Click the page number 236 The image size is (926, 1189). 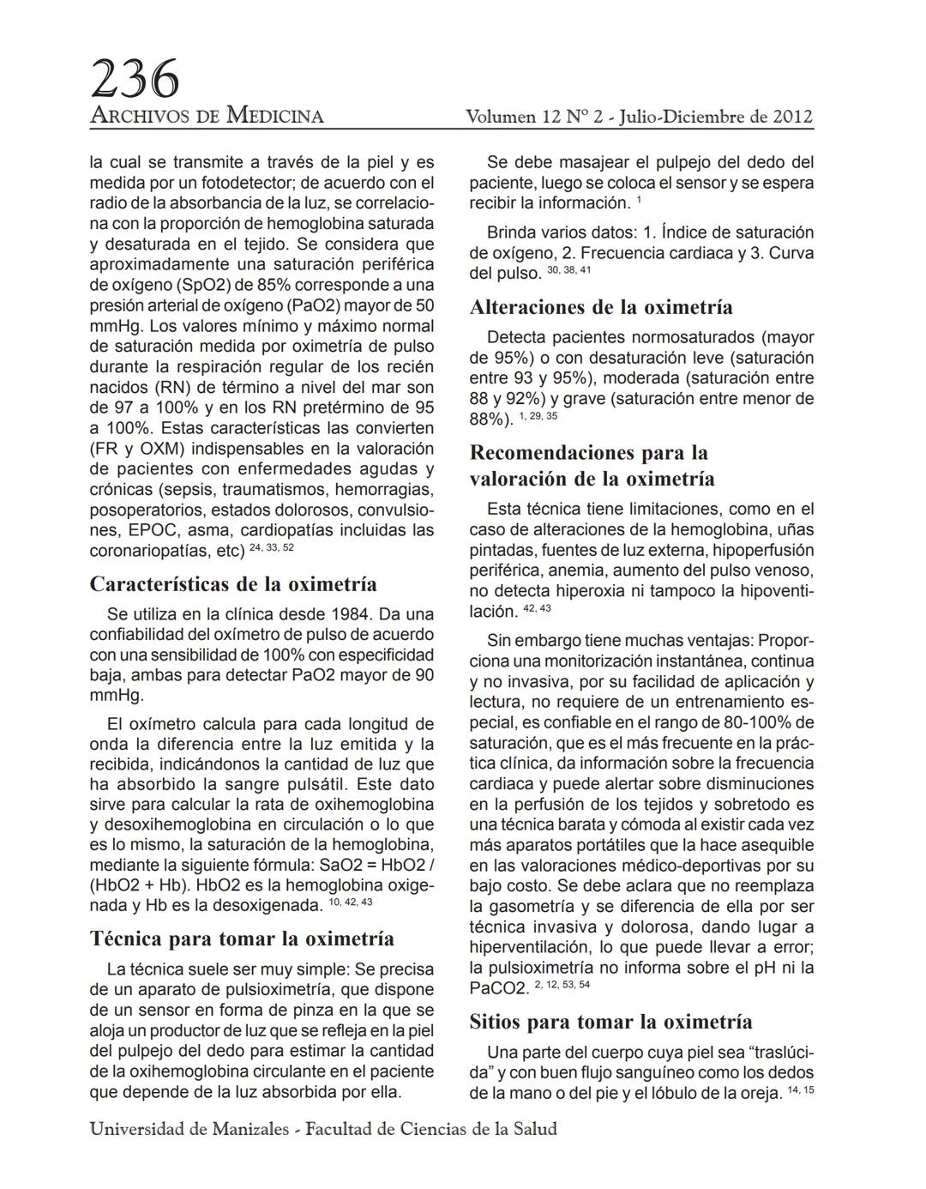[135, 79]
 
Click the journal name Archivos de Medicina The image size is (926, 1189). [207, 116]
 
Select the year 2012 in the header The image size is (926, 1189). [791, 116]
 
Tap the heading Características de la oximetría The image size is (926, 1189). [233, 584]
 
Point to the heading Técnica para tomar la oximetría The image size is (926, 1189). [242, 939]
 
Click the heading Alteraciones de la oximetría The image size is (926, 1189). [601, 307]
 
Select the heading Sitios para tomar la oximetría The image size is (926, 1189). [610, 1022]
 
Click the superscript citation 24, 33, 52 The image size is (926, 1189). [271, 547]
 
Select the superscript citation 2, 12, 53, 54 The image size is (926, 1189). [562, 985]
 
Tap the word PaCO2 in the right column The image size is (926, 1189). [497, 988]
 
